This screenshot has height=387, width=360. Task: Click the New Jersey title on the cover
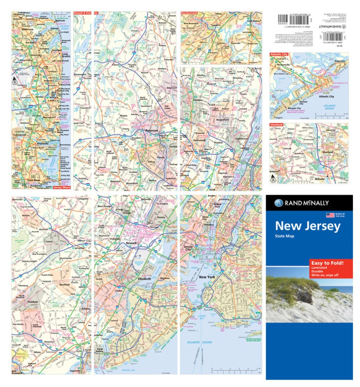tap(308, 226)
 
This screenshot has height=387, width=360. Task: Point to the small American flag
tap(330, 216)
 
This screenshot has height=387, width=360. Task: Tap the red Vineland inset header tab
tap(276, 125)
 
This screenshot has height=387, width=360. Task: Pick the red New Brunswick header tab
tap(192, 13)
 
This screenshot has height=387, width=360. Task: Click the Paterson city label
tap(151, 131)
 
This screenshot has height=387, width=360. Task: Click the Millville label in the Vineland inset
tap(332, 180)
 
